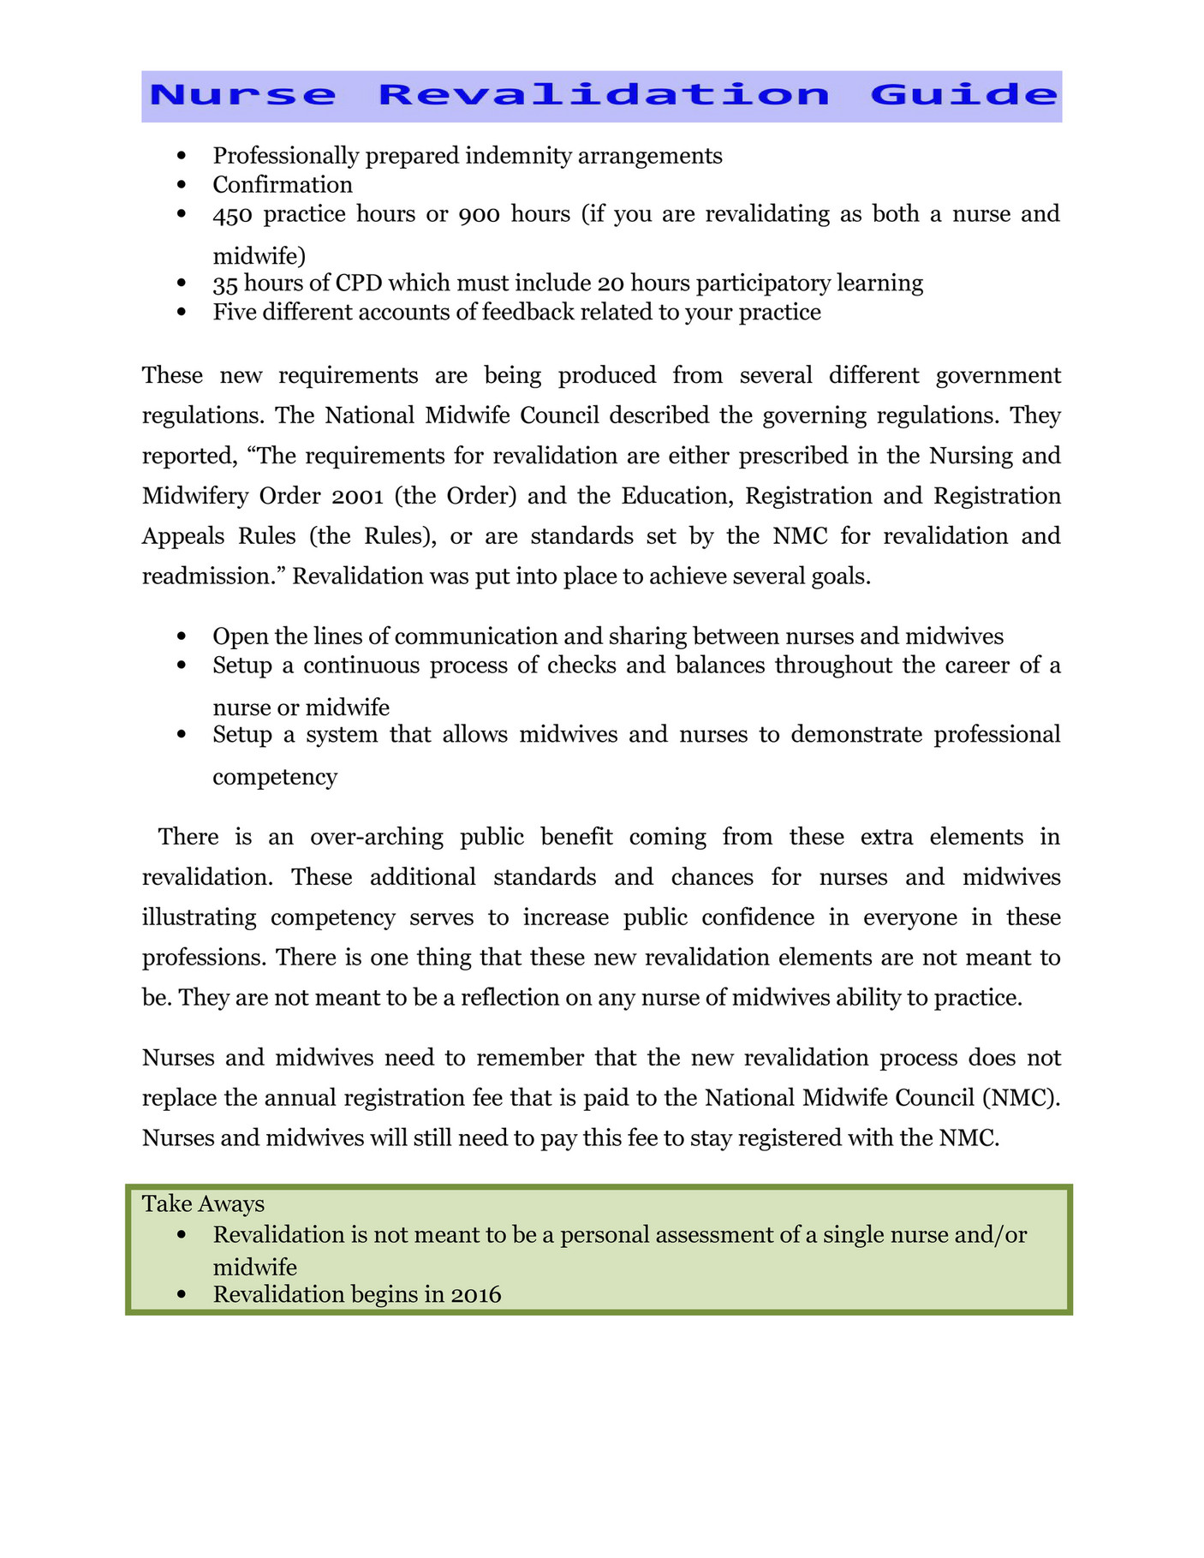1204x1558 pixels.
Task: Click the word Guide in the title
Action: [964, 94]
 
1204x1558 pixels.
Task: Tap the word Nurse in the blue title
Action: [243, 94]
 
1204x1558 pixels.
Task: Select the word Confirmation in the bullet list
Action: [283, 185]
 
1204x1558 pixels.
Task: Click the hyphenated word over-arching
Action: [377, 837]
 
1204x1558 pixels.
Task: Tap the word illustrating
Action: [199, 917]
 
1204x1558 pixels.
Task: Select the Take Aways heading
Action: [203, 1204]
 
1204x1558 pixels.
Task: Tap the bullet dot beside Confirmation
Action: [181, 185]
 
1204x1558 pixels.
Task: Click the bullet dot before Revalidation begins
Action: [181, 1294]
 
